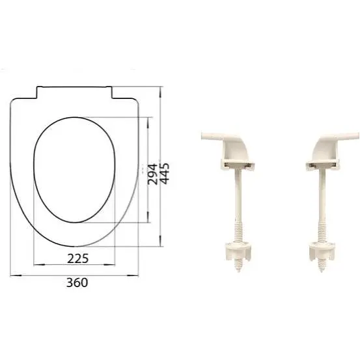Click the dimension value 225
click(78, 258)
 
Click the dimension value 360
click(77, 283)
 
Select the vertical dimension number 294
click(152, 174)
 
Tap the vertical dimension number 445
click(165, 174)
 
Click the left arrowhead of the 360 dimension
click(16, 275)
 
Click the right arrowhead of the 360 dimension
click(133, 275)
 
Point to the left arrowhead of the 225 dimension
click(39, 265)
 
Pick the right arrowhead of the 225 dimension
click(109, 265)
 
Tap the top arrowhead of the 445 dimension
click(161, 92)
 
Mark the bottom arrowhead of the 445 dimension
click(161, 241)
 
